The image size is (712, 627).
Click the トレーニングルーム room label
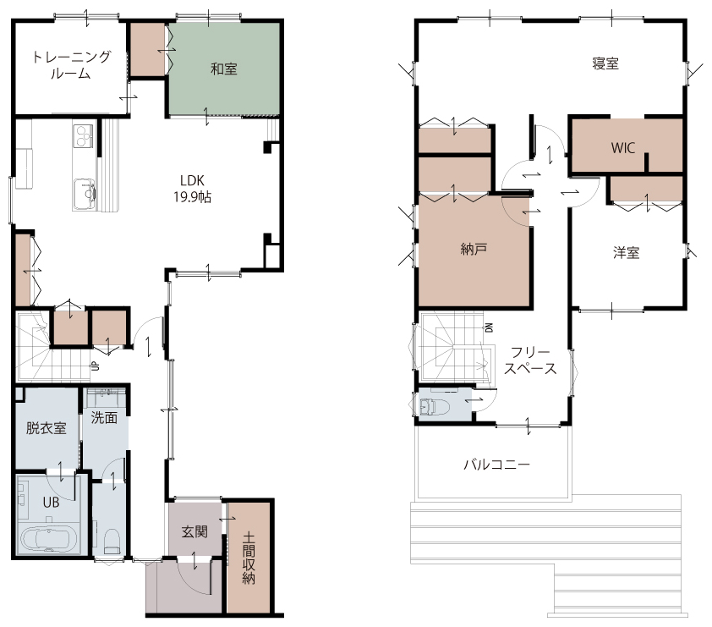tap(71, 65)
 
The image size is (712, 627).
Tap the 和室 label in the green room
tap(224, 69)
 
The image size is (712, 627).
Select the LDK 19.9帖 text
tap(192, 189)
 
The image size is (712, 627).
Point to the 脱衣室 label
tap(46, 428)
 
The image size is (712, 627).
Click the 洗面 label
tap(104, 417)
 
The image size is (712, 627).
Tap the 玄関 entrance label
tap(194, 531)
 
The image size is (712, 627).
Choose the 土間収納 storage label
tap(249, 558)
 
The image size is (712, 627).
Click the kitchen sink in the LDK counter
tap(85, 194)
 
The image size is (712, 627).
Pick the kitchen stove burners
tap(85, 135)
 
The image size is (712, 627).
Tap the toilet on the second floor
tap(434, 407)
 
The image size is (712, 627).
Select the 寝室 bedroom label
tap(605, 63)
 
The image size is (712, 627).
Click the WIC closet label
tap(622, 148)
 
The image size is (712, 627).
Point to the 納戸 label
tap(474, 249)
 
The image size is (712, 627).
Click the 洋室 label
tap(627, 252)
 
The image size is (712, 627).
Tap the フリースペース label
tap(530, 360)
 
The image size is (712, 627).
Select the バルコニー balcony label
tap(496, 465)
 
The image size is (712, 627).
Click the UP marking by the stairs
tap(96, 366)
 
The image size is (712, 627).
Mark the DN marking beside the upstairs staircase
tap(489, 327)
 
